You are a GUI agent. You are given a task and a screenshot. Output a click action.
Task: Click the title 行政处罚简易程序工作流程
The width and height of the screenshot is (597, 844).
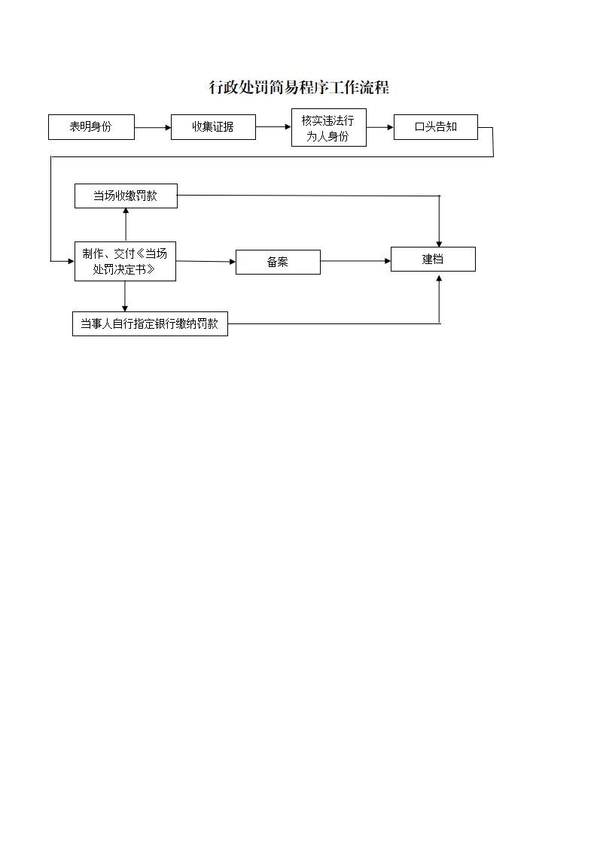[299, 87]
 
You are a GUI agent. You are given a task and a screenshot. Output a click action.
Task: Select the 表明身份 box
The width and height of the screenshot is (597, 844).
[91, 127]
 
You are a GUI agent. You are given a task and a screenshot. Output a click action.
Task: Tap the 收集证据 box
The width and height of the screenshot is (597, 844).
[213, 127]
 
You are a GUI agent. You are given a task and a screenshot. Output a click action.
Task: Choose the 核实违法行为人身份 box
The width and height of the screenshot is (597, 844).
[328, 128]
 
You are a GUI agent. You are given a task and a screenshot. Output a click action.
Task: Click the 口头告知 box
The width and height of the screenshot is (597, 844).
[435, 127]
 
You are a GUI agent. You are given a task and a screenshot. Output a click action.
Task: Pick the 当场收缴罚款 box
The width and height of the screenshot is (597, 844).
[126, 196]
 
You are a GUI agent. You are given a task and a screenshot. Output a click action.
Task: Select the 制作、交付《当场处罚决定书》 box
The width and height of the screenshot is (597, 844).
[125, 261]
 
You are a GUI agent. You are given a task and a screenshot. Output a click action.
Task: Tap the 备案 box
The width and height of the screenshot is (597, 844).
[278, 262]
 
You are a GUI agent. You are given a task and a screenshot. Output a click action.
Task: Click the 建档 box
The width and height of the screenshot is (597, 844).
[433, 259]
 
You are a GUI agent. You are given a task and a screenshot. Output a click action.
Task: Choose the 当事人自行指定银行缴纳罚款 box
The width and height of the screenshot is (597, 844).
[150, 324]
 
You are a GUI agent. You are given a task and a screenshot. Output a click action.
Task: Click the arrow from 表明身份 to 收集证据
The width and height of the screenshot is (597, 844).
[153, 128]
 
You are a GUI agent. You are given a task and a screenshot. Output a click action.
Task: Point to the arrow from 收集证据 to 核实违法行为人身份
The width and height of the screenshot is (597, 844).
[273, 127]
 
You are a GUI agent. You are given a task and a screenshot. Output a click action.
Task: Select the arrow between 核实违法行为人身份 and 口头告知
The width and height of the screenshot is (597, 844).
[380, 127]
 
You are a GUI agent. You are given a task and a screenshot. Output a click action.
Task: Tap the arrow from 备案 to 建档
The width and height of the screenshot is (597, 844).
[355, 261]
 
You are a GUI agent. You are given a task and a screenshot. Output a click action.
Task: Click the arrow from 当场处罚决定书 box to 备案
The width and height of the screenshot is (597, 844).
[206, 261]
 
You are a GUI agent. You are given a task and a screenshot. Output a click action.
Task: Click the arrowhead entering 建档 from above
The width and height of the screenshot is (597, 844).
[439, 241]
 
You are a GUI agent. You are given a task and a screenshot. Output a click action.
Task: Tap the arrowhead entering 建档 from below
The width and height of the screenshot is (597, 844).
[439, 277]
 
